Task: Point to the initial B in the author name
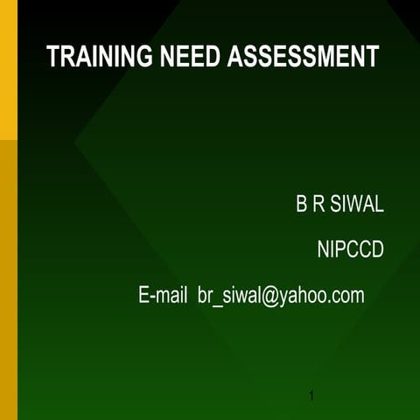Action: tap(301, 206)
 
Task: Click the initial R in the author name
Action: tap(319, 206)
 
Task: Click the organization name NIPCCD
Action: tap(350, 251)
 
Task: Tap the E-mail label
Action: tap(164, 296)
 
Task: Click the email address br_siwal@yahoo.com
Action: tap(281, 296)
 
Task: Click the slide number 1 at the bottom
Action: tap(311, 399)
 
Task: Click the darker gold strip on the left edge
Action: tap(8, 280)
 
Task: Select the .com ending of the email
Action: tap(346, 297)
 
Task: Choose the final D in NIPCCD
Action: tap(377, 251)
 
